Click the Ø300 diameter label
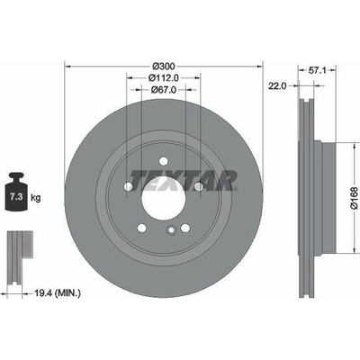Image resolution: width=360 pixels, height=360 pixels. [164, 66]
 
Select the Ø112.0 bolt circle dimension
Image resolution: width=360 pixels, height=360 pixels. [164, 78]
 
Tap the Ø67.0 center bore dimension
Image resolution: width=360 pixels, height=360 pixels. [164, 89]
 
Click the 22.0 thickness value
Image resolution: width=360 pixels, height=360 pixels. [277, 86]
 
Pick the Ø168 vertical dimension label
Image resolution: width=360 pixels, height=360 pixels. [355, 198]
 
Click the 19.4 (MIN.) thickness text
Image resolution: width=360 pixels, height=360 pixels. [57, 292]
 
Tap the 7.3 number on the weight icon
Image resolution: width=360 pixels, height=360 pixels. [15, 197]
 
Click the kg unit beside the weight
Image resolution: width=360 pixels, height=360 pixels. [35, 198]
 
